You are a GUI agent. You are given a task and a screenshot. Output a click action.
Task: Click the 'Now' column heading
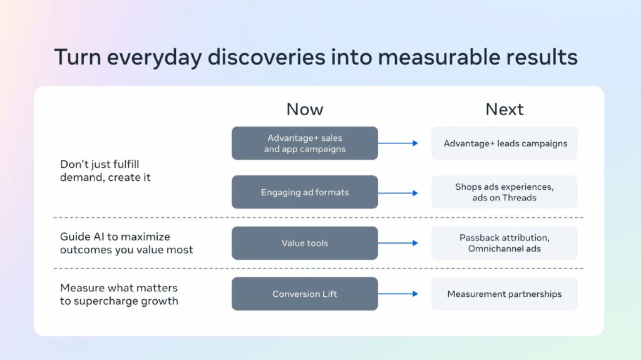click(305, 109)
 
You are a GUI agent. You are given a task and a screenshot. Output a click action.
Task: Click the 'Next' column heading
click(504, 109)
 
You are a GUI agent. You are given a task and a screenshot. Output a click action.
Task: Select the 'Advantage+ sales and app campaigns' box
click(305, 143)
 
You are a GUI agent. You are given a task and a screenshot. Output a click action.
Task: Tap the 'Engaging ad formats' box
click(305, 192)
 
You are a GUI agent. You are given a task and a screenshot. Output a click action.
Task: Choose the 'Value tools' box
click(305, 243)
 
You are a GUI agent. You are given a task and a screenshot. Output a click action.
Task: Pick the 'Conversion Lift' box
click(305, 294)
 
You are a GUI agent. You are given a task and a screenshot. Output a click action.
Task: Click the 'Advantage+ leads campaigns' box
click(505, 143)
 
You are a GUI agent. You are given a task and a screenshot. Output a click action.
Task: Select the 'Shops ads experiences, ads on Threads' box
click(505, 192)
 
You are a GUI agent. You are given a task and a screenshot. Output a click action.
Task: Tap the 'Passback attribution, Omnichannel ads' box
click(505, 243)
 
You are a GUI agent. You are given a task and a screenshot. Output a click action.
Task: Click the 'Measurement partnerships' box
click(505, 294)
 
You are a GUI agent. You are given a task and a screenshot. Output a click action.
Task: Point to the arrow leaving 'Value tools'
click(398, 243)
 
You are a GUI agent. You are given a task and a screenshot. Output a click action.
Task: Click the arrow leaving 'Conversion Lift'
click(398, 294)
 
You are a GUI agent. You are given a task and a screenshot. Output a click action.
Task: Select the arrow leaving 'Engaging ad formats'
click(398, 193)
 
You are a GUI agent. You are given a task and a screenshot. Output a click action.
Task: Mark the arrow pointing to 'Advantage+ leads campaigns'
click(398, 143)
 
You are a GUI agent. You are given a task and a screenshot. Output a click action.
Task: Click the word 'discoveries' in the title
click(267, 56)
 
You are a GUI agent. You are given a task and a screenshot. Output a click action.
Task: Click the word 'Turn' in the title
click(78, 56)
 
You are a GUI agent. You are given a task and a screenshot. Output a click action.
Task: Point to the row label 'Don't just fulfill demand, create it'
click(105, 170)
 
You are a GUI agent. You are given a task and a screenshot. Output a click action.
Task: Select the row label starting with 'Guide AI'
click(126, 243)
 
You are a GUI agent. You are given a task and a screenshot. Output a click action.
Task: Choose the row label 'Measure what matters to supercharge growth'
click(119, 294)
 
